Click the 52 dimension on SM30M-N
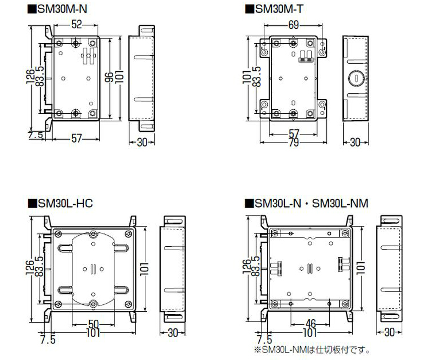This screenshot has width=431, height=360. tap(76, 25)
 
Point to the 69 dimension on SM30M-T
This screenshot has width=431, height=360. tap(294, 25)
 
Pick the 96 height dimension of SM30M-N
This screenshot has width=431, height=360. tap(109, 78)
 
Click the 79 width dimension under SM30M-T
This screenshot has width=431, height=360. tap(294, 143)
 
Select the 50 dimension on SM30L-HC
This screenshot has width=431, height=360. tap(94, 324)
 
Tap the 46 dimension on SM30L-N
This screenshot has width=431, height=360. tap(310, 324)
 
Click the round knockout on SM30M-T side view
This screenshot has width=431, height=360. tap(356, 78)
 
